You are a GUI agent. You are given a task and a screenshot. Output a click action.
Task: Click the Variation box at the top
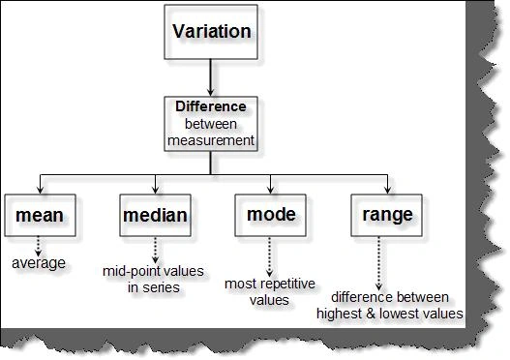click(211, 32)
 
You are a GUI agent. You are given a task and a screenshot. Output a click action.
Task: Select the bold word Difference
click(211, 106)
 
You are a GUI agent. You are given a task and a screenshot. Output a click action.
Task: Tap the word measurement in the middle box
click(211, 140)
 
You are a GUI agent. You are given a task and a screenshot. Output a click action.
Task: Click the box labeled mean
click(40, 215)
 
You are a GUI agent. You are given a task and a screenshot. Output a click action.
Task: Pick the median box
click(155, 215)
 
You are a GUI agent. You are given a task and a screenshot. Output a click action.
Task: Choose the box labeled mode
click(271, 215)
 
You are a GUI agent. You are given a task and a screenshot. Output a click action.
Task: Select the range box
click(387, 215)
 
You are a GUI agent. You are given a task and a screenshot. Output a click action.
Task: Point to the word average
click(39, 263)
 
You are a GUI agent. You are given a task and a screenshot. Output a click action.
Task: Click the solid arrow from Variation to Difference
click(210, 77)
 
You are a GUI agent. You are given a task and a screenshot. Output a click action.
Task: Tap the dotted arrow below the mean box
click(39, 246)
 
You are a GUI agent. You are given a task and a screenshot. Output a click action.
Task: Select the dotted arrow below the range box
click(378, 263)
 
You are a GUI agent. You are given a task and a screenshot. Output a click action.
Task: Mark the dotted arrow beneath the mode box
click(269, 256)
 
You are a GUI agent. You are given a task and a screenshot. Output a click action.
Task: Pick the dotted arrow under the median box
click(155, 250)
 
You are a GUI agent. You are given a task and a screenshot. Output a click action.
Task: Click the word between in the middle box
click(211, 124)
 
